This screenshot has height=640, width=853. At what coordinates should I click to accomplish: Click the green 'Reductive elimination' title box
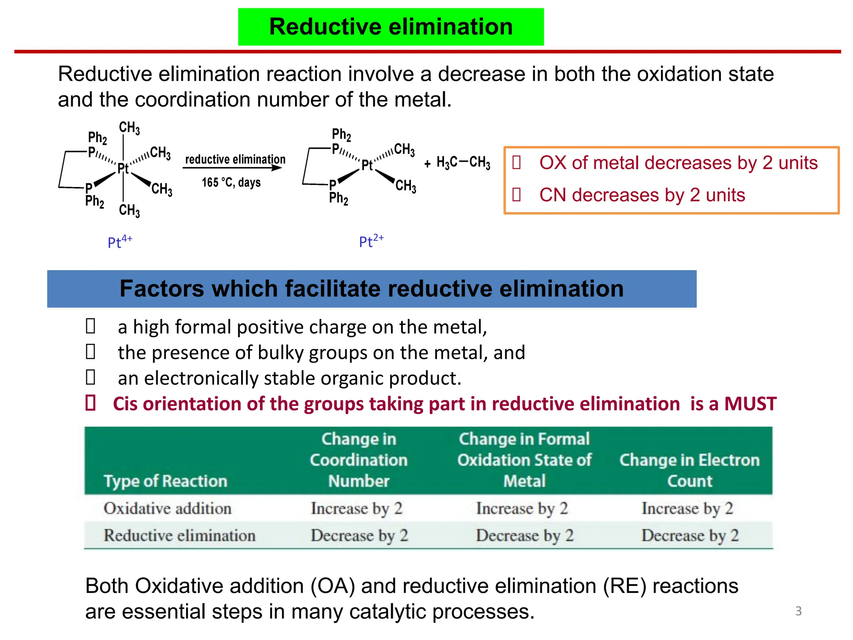[391, 27]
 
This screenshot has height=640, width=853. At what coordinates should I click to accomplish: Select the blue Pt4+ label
[120, 242]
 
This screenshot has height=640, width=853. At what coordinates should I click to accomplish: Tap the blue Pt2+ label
[371, 241]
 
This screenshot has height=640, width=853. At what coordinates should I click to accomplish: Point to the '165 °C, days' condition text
[231, 182]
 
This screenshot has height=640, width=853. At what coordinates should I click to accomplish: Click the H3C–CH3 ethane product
[463, 162]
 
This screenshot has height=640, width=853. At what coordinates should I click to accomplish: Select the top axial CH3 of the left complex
[129, 128]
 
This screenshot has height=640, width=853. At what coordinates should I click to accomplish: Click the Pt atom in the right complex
[367, 165]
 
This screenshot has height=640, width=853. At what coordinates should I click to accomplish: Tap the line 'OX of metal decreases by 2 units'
[678, 162]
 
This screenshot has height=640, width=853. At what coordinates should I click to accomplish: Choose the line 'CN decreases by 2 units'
[642, 195]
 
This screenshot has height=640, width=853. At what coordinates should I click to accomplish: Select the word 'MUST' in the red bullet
[750, 403]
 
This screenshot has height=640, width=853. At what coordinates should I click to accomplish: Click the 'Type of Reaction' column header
[165, 481]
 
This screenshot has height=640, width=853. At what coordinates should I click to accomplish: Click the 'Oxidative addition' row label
[167, 508]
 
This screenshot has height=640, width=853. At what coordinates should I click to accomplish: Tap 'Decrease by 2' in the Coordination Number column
[359, 535]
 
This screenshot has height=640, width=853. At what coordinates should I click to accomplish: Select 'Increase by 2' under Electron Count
[687, 508]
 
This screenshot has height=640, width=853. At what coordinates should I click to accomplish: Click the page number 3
[798, 611]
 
